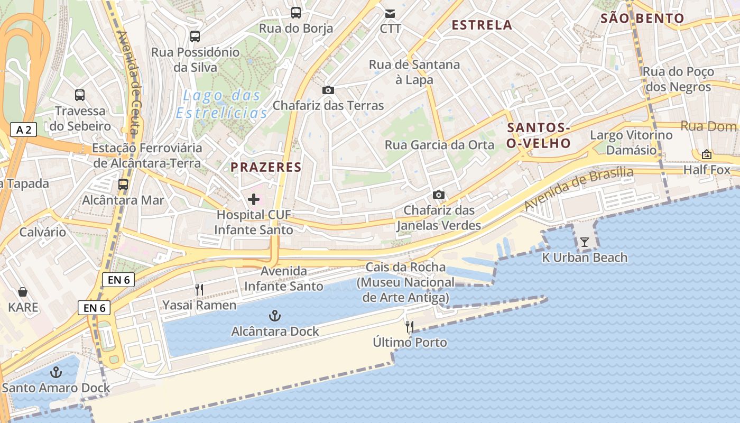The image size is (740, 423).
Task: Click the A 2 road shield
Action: pos(23,130)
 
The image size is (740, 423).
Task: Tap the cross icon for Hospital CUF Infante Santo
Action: pos(254,199)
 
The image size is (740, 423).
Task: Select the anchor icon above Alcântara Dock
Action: pos(274,316)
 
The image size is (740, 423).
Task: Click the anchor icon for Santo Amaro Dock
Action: pos(55,373)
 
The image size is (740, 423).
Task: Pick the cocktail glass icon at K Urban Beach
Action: pos(584,242)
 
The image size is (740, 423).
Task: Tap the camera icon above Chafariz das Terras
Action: pos(328,90)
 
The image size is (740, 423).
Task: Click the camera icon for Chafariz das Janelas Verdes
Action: pos(438,195)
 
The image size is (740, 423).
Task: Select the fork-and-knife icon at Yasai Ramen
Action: pos(199,290)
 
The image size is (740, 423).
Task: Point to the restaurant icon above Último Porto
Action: pos(410,327)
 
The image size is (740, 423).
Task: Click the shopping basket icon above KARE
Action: pos(23,292)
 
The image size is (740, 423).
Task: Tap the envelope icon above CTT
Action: pos(390,13)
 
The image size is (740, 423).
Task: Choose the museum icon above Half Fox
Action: pos(706,154)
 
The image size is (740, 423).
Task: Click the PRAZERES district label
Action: pos(266,168)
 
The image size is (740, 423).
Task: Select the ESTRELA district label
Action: pos(482,25)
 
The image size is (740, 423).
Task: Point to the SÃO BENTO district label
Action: pos(642,19)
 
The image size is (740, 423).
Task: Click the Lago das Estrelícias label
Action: pos(222,104)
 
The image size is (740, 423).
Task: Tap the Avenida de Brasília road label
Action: pos(579,188)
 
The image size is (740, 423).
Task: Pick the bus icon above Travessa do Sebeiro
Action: pos(80,95)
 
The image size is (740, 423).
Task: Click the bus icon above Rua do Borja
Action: pos(296,13)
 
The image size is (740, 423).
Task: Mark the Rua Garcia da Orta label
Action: pos(439,145)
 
